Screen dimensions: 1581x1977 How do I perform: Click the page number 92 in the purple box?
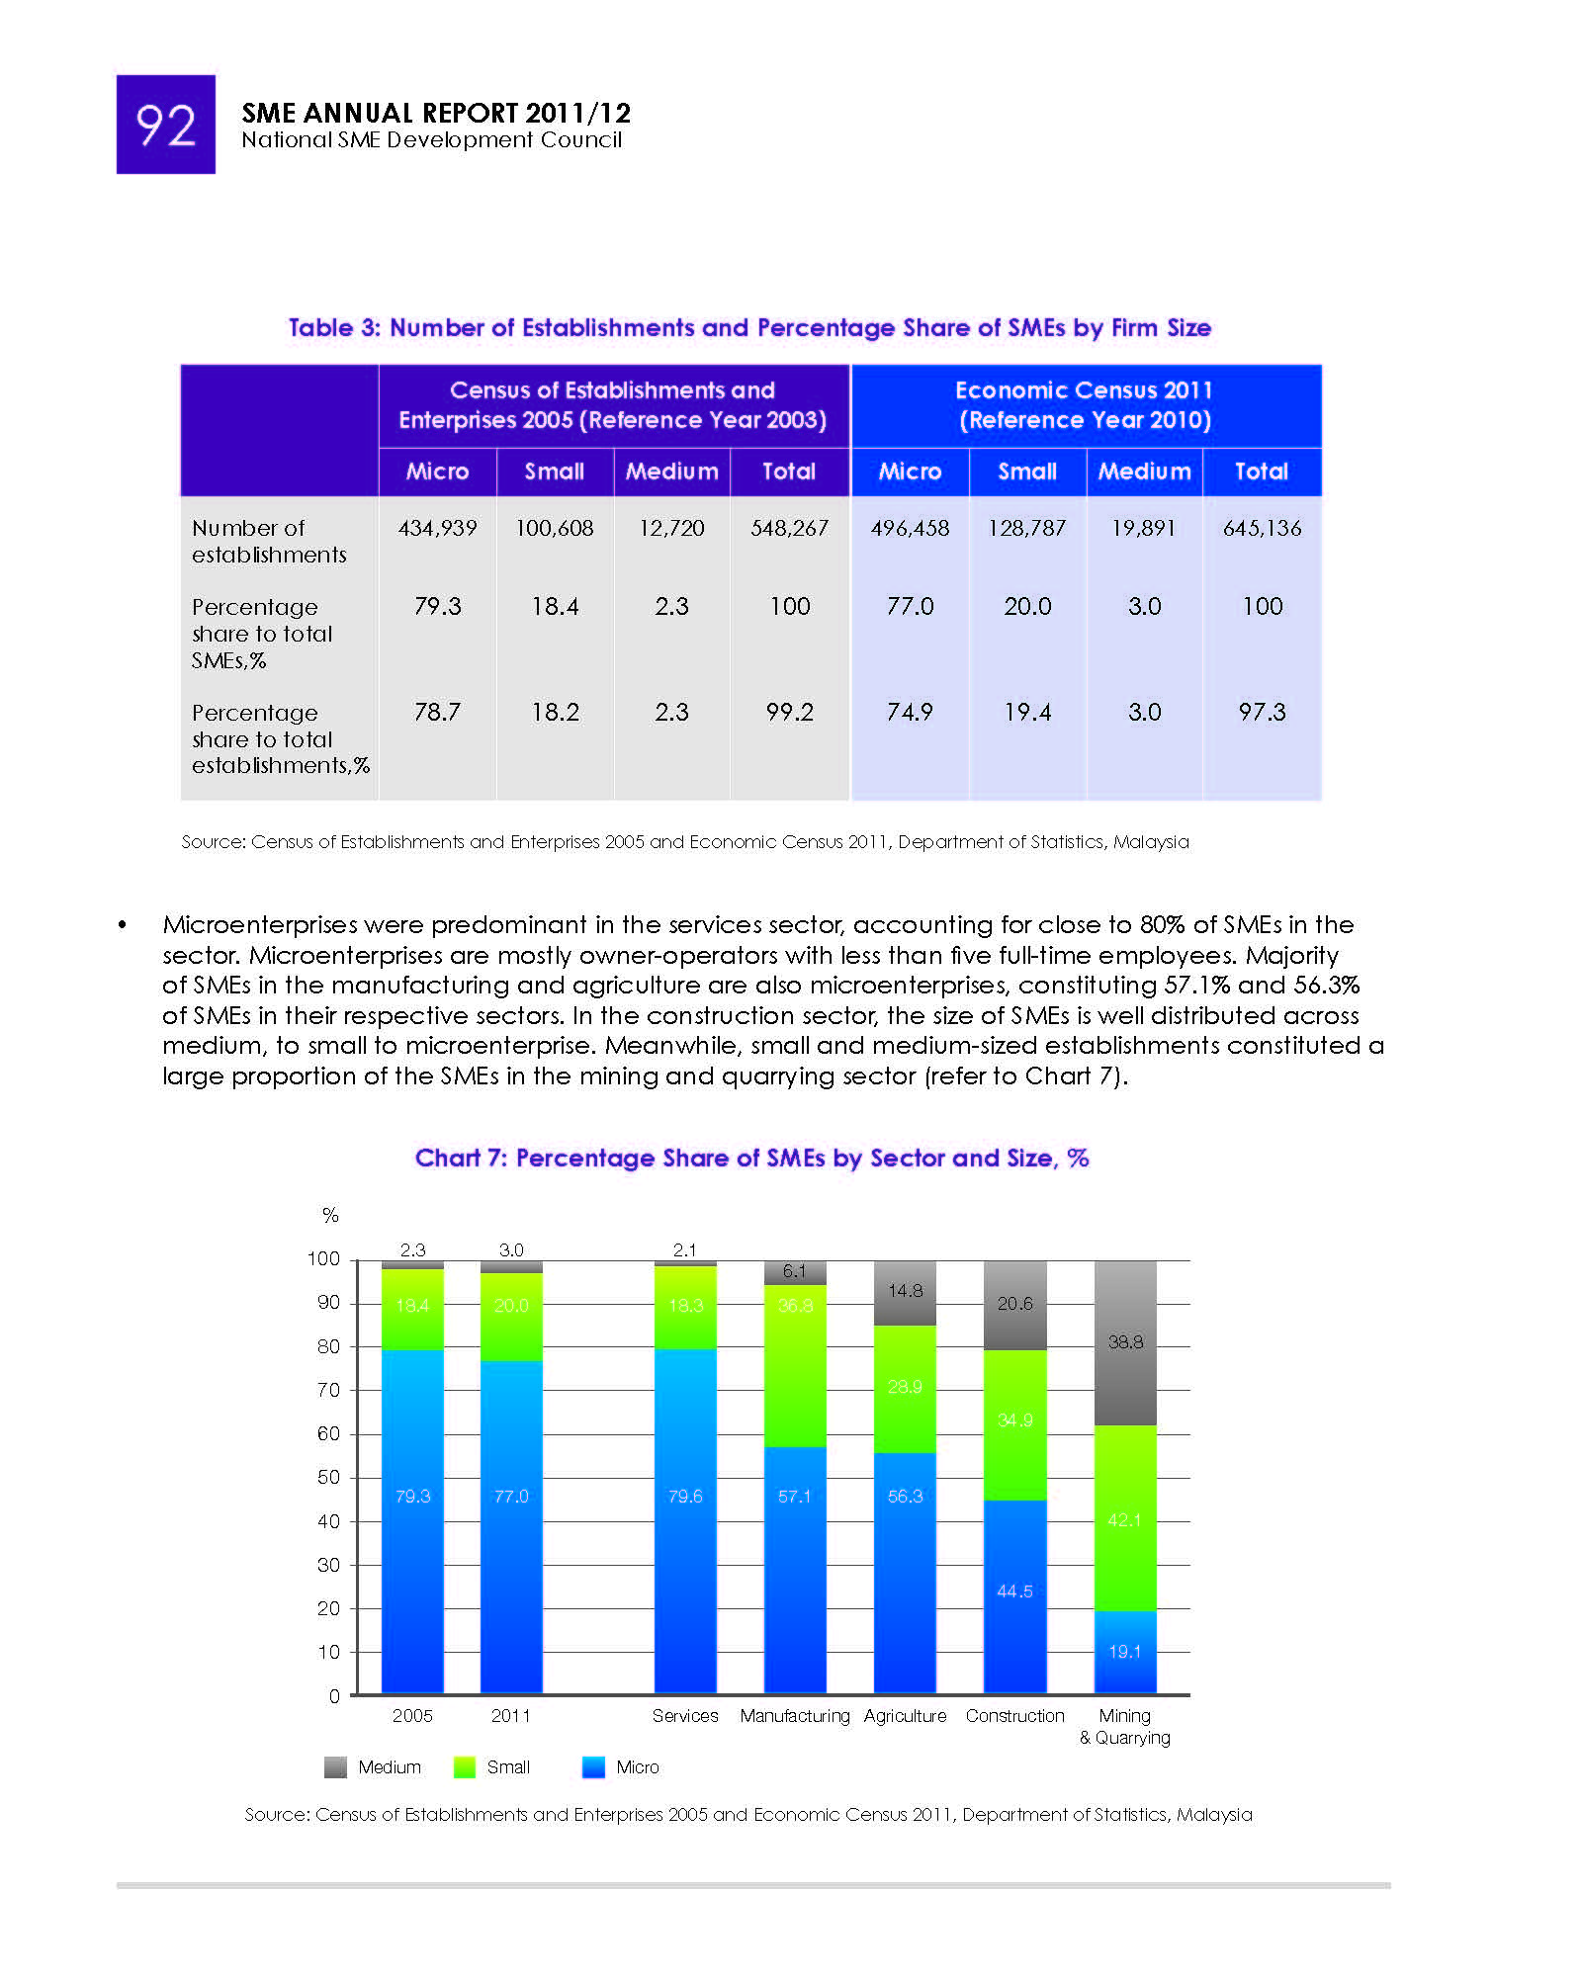tap(165, 126)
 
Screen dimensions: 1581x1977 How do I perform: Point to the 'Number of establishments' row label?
tap(269, 541)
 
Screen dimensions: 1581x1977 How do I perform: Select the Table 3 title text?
tap(749, 327)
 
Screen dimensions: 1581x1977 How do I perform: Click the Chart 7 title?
tap(751, 1158)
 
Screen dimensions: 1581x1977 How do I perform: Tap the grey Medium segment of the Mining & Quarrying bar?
tap(1125, 1343)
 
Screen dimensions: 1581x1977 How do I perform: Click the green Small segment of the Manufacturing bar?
tap(795, 1366)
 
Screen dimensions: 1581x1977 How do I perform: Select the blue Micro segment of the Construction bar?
tap(1014, 1596)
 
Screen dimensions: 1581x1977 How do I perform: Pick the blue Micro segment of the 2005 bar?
tap(412, 1522)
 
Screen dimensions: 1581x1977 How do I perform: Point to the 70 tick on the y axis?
tap(328, 1390)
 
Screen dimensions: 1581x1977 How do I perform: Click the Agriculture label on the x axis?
tap(905, 1716)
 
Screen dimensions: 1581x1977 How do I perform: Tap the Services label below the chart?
tap(685, 1716)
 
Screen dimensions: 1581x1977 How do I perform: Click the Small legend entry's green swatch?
tap(464, 1767)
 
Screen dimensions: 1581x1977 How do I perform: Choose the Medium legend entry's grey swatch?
tap(335, 1767)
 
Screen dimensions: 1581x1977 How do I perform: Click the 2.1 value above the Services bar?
tap(684, 1249)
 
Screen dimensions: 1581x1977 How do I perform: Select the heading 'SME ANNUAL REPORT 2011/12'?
tap(436, 113)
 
